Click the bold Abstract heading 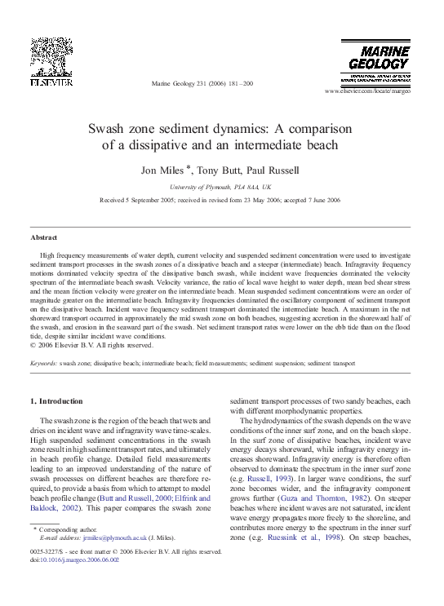click(x=43, y=237)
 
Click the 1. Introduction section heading click(x=56, y=401)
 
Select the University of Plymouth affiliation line click(x=221, y=187)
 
